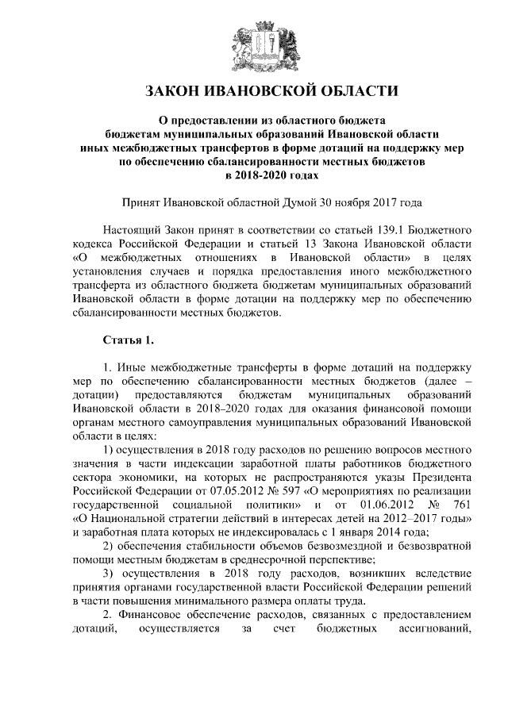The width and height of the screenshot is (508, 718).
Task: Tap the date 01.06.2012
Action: [x=387, y=508]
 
